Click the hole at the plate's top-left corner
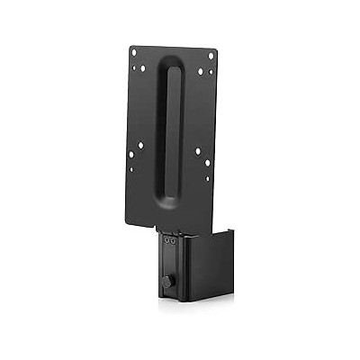tap(133, 52)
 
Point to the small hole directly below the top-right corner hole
tap(212, 69)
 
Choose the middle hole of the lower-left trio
tap(130, 154)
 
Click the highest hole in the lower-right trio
tap(198, 149)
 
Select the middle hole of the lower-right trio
tap(208, 163)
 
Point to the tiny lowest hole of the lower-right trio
tap(208, 176)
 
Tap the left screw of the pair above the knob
tap(166, 240)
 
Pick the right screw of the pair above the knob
tap(173, 240)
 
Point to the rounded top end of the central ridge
tap(171, 70)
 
